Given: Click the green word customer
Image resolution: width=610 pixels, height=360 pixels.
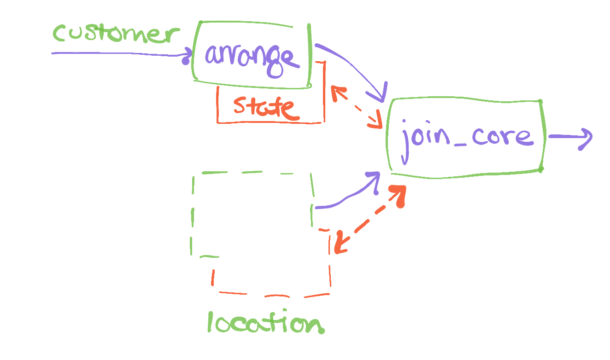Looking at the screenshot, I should tap(115, 35).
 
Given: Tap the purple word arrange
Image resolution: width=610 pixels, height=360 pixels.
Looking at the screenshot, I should tap(249, 57).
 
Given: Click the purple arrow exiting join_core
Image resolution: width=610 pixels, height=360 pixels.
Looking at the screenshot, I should tap(569, 137).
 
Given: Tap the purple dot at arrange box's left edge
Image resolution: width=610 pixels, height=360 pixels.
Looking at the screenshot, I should tap(185, 60).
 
